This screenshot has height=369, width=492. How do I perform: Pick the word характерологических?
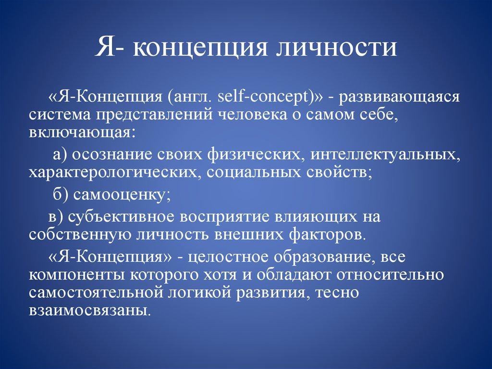point(111,172)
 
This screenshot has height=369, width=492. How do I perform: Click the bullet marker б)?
point(62,195)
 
